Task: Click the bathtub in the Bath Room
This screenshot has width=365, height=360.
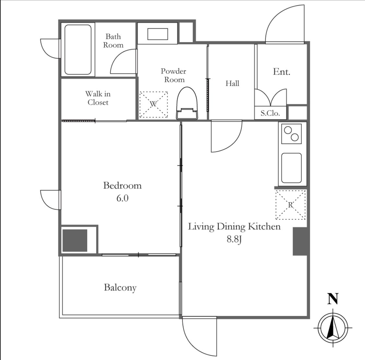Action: tap(78, 50)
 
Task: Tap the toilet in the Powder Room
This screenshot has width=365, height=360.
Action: tap(187, 103)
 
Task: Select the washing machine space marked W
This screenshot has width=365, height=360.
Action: tap(153, 104)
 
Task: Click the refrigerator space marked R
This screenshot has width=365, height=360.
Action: tap(290, 205)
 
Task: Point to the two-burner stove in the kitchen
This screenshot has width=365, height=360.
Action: tap(291, 134)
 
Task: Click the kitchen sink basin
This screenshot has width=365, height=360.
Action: tap(291, 168)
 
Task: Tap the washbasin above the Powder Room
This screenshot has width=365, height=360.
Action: tap(158, 34)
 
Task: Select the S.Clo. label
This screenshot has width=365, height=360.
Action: tap(270, 113)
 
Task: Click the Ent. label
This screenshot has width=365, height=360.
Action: tap(281, 72)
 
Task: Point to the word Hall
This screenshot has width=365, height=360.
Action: tap(232, 83)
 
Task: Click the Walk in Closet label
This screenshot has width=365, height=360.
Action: tap(98, 98)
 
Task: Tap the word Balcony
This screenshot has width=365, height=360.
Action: tap(120, 288)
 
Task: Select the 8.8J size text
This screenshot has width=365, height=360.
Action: tap(234, 239)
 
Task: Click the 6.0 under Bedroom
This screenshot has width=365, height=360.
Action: tap(123, 198)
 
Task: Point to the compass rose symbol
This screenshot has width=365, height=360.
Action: tap(333, 328)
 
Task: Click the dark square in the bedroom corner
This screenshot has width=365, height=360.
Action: tap(75, 241)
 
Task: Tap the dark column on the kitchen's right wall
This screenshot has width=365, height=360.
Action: tap(300, 242)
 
